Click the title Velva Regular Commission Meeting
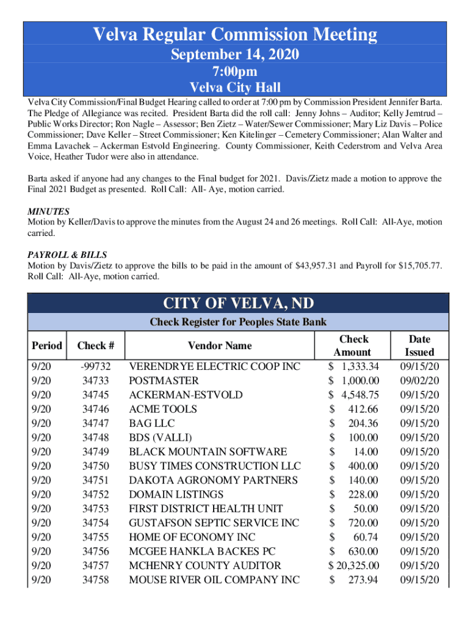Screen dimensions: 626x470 click(x=234, y=35)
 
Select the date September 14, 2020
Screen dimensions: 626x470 click(x=234, y=55)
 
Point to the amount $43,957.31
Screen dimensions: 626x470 click(x=317, y=265)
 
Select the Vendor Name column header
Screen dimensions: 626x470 click(x=220, y=345)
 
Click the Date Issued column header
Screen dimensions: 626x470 click(x=419, y=345)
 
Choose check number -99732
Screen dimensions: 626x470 click(x=95, y=366)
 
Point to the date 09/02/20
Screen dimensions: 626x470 click(x=419, y=380)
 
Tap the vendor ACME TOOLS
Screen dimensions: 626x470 click(x=162, y=409)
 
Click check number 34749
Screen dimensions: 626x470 click(x=96, y=452)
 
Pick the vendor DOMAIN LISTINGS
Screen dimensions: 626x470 click(x=172, y=495)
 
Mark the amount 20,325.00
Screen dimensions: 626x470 click(x=358, y=565)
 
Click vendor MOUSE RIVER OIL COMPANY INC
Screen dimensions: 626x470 click(x=214, y=580)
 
